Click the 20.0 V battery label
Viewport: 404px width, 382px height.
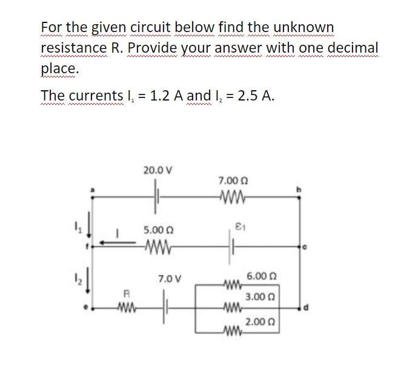[157, 171]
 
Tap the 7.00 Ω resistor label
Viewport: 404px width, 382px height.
[233, 181]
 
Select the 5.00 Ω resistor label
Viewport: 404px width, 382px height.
[158, 231]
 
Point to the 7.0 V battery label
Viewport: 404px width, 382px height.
[168, 279]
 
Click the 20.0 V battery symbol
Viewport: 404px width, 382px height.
[157, 197]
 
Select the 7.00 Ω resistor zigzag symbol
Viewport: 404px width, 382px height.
[233, 197]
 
